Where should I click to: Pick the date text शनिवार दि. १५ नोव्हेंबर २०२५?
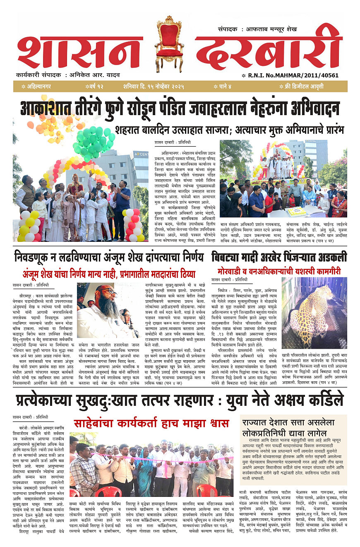coord(153,87)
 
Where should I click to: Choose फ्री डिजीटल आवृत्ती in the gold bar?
coord(302,87)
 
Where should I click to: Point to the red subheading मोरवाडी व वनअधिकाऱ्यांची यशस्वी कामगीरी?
coord(279,271)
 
